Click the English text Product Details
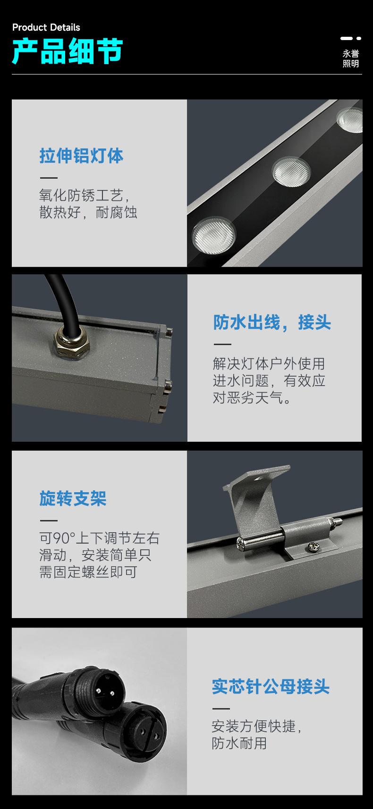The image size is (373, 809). [x=46, y=27]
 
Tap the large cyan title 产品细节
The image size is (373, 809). [x=68, y=51]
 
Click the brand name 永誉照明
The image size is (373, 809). [x=350, y=59]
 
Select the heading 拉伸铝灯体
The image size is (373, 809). [x=81, y=156]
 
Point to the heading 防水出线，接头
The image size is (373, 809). [x=272, y=323]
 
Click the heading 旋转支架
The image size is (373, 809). [x=73, y=498]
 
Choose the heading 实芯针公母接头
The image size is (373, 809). [x=271, y=686]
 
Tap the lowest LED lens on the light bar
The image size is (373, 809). [x=213, y=234]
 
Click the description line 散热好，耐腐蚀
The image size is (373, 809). [x=88, y=213]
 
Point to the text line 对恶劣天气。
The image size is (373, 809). [x=252, y=398]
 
